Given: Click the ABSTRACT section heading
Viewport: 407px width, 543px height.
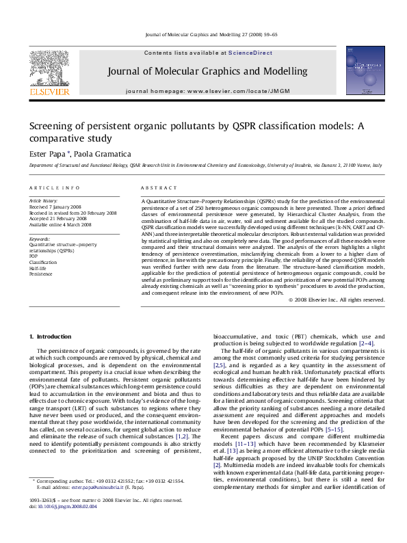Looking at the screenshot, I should coord(155,188).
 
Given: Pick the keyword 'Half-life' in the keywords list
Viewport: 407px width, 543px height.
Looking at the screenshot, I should coord(38,269).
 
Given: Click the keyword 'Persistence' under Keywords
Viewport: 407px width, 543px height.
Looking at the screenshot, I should coord(40,274).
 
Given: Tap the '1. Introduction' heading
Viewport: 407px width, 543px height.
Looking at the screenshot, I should coord(52,337).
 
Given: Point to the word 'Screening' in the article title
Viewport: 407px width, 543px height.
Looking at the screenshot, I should coord(51,126).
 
